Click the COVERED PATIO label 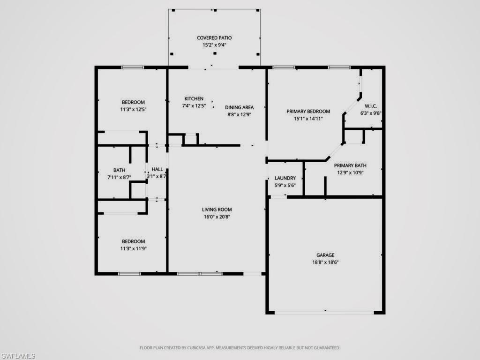pyautogui.click(x=214, y=38)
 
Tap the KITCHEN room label pyautogui.click(x=194, y=98)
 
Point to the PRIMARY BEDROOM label pyautogui.click(x=308, y=112)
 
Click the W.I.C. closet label pyautogui.click(x=368, y=106)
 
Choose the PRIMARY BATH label pyautogui.click(x=350, y=165)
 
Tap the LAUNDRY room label pyautogui.click(x=285, y=178)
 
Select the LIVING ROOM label pyautogui.click(x=217, y=210)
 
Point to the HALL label pyautogui.click(x=157, y=169)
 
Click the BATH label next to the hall pyautogui.click(x=119, y=170)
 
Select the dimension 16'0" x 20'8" pyautogui.click(x=217, y=217)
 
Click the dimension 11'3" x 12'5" pyautogui.click(x=133, y=109)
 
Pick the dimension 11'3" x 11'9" pyautogui.click(x=133, y=248)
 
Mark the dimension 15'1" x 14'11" pyautogui.click(x=308, y=119)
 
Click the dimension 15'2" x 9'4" pyautogui.click(x=214, y=45)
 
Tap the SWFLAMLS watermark pyautogui.click(x=18, y=356)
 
